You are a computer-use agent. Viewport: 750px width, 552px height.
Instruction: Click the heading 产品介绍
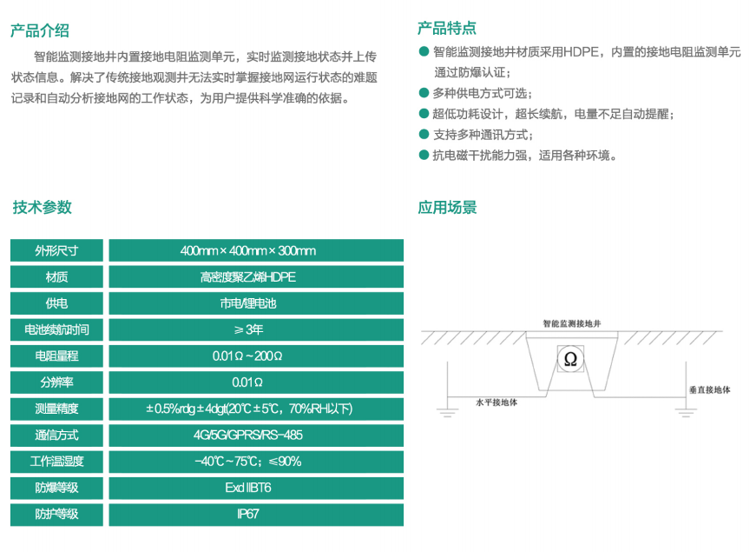click(x=40, y=30)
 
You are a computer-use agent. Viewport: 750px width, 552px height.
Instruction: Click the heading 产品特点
click(x=447, y=28)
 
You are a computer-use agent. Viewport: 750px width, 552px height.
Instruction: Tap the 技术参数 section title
click(x=42, y=207)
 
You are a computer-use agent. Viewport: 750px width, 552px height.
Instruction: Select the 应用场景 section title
click(x=447, y=207)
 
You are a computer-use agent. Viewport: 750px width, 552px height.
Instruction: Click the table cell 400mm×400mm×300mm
click(x=256, y=250)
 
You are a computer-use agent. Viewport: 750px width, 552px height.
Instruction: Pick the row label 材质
click(x=56, y=276)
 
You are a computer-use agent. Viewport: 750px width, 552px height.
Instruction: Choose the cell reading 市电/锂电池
click(x=256, y=303)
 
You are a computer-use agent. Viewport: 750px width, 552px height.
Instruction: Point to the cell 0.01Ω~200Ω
click(x=256, y=356)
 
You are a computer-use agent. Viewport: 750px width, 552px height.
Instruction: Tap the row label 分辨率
click(x=56, y=382)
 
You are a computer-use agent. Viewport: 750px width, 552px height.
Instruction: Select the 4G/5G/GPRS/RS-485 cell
click(x=256, y=435)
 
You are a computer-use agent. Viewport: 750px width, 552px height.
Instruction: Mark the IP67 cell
click(x=256, y=514)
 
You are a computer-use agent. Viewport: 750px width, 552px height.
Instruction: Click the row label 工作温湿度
click(x=56, y=461)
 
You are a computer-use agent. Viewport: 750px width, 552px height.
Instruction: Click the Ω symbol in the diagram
click(x=570, y=359)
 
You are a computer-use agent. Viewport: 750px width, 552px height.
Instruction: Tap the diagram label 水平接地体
click(x=497, y=402)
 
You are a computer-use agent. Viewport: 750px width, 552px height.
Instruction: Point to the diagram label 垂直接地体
click(x=710, y=389)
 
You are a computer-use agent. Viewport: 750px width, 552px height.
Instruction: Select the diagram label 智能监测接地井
click(x=571, y=323)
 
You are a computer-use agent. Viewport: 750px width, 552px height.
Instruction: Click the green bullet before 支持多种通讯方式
click(x=424, y=134)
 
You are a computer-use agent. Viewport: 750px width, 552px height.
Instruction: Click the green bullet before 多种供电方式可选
click(x=424, y=92)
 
